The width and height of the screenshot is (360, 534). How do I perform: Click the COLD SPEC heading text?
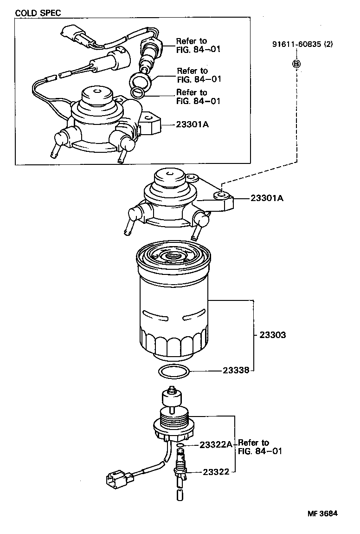pos(38,13)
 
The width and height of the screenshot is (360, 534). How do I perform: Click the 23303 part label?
pos(272,335)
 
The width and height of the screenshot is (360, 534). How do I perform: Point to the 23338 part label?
pos(236,371)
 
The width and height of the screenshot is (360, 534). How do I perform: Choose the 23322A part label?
pos(216,444)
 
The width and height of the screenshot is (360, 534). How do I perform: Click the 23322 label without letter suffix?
pos(216,472)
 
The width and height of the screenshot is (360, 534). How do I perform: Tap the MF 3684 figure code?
pos(322,514)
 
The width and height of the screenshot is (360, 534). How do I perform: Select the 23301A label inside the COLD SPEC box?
pos(192,124)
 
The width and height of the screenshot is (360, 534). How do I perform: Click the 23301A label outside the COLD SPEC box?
pos(267,198)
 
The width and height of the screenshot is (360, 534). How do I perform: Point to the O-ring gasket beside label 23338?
pos(174,371)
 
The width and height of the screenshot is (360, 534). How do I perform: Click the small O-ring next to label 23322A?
pos(181,445)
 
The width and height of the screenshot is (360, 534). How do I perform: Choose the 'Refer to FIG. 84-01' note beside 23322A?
pos(260,447)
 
